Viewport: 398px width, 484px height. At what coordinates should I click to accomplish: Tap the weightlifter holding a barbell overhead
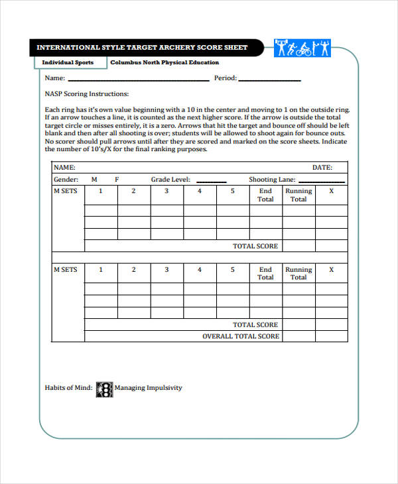coord(281,48)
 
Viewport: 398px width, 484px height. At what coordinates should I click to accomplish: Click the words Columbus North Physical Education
coord(165,62)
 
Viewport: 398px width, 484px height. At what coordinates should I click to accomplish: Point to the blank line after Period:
coord(269,80)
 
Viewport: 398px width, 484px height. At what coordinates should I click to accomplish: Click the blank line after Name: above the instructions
coord(138,80)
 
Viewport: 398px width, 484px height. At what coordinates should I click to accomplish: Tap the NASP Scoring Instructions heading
coord(87,93)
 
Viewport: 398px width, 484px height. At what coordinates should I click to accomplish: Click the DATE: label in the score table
coord(322,168)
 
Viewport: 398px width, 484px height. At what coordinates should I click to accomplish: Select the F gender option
coord(117,180)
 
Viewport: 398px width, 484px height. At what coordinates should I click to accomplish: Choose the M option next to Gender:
coord(94,180)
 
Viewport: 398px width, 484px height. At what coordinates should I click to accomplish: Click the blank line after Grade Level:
coord(211,181)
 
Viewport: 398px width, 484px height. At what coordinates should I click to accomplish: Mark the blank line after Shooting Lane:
coord(321,181)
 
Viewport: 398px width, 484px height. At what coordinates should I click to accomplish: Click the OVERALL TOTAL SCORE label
coord(241,337)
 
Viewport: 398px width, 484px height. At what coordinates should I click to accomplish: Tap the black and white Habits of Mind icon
coord(105,388)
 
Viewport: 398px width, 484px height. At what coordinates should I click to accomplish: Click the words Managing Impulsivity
coord(148,388)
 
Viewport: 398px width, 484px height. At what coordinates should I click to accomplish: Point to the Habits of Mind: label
coord(69,388)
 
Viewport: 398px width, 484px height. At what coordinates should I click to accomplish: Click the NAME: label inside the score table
coord(64,168)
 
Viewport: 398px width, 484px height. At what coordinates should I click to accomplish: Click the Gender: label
coord(66,180)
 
